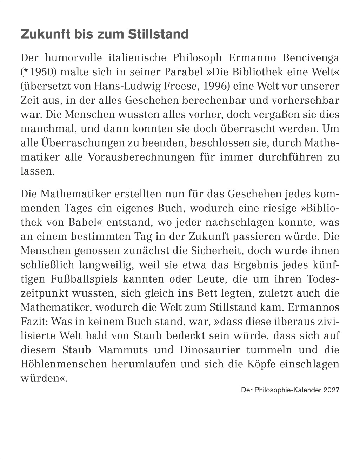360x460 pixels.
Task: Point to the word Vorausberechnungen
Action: pyautogui.click(x=137, y=157)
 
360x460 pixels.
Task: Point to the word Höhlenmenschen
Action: pyautogui.click(x=64, y=364)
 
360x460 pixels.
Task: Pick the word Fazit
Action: pyautogui.click(x=31, y=322)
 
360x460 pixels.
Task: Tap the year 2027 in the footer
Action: pyautogui.click(x=332, y=390)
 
